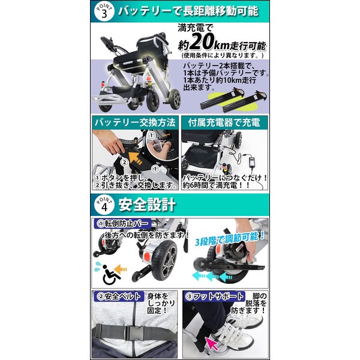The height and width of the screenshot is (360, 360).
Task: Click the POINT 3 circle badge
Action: (x=104, y=11)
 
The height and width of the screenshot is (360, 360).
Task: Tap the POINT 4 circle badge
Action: (x=104, y=205)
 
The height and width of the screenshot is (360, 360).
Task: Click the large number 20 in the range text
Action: (x=202, y=42)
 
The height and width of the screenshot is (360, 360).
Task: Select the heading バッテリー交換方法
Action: (x=135, y=122)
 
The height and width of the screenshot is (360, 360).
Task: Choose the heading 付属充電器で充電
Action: (x=224, y=122)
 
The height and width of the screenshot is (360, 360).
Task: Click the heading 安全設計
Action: (x=147, y=205)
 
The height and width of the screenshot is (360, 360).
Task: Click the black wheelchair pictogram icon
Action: (x=111, y=275)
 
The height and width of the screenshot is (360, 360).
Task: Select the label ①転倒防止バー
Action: (x=122, y=223)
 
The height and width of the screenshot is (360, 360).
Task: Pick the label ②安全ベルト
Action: (x=119, y=296)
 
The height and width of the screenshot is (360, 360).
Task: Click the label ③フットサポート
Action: (x=214, y=296)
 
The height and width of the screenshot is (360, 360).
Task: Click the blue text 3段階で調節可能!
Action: (x=230, y=239)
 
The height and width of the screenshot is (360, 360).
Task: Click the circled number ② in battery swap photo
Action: (x=124, y=163)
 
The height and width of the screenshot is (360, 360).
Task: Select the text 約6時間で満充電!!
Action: (x=216, y=185)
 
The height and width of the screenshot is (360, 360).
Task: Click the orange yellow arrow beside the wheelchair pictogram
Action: (x=121, y=269)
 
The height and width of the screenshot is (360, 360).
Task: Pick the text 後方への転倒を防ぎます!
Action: (x=147, y=235)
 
